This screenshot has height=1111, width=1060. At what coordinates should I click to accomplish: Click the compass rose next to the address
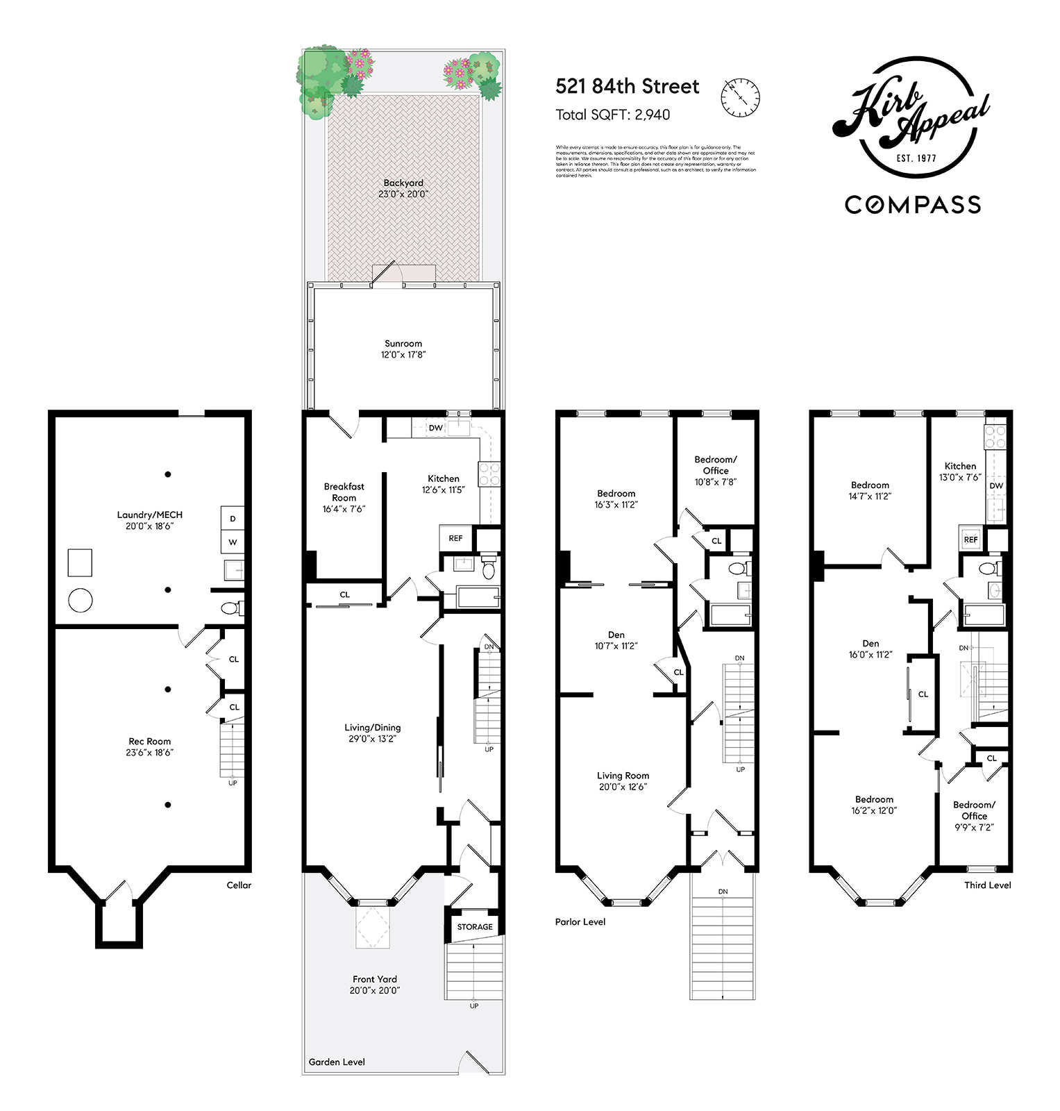[x=741, y=97]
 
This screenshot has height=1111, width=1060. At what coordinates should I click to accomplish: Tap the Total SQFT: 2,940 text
[x=612, y=115]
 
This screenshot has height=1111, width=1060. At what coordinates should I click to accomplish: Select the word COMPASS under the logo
[x=912, y=205]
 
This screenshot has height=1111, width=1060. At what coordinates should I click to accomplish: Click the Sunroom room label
[x=403, y=349]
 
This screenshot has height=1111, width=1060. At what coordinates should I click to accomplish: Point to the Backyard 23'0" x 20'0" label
[x=403, y=188]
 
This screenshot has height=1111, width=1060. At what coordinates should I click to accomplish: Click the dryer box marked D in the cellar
[x=233, y=519]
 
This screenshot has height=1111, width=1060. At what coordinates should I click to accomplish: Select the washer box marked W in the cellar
[x=233, y=542]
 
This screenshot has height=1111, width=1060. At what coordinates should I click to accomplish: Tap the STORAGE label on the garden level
[x=475, y=926]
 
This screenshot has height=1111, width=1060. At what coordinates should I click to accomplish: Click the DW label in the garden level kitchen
[x=435, y=428]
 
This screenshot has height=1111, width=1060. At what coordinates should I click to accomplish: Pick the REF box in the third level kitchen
[x=970, y=539]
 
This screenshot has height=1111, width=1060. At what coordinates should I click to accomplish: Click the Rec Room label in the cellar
[x=149, y=746]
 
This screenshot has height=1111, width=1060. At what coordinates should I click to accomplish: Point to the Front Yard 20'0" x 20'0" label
[x=374, y=985]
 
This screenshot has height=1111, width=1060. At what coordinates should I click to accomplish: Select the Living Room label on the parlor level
[x=623, y=780]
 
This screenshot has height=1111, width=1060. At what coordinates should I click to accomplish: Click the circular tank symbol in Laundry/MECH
[x=81, y=600]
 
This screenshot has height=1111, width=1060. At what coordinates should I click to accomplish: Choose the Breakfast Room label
[x=344, y=497]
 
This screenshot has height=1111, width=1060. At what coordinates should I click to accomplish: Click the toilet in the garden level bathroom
[x=489, y=569]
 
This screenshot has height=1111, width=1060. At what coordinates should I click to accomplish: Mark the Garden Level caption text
[x=337, y=1062]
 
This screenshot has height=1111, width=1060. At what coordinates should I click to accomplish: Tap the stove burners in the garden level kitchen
[x=489, y=474]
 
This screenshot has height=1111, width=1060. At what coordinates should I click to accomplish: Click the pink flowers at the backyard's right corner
[x=460, y=72]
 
